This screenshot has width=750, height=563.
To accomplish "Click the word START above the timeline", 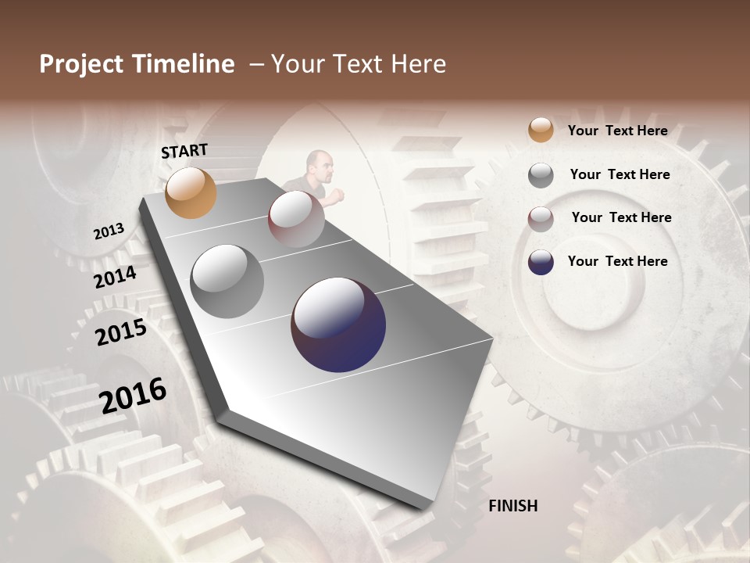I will [184, 151].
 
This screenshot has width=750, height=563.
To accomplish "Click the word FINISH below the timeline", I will [512, 506].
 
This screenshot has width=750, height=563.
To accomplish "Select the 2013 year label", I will [109, 231].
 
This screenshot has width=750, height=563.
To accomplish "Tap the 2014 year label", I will [115, 277].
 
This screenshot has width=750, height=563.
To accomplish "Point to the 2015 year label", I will [120, 332].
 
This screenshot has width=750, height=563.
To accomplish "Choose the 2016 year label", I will [133, 396].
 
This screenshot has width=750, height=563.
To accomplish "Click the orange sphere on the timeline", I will [191, 192].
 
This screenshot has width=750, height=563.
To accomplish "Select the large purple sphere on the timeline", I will [338, 325].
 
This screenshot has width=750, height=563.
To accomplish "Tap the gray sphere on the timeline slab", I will [227, 281].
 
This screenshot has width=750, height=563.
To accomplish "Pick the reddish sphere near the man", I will [296, 220].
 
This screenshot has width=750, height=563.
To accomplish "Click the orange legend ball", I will [541, 131].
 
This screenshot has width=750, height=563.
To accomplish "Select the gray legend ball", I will [541, 175].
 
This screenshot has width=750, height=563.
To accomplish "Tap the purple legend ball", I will [541, 262].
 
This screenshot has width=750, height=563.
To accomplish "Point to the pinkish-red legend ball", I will [541, 219].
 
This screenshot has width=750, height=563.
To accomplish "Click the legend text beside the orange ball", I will [617, 131].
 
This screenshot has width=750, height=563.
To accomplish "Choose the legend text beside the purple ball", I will [617, 261].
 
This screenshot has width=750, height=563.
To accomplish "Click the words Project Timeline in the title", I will [137, 64].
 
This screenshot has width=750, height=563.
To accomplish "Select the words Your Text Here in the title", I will [359, 64].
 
